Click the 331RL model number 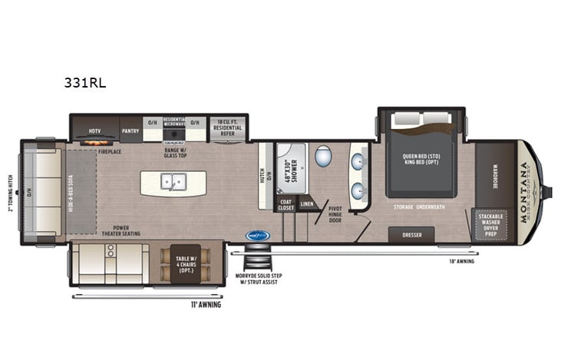click(x=85, y=81)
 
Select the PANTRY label click(x=130, y=130)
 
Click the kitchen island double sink click(x=173, y=182)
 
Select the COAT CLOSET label click(x=285, y=203)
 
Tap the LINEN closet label click(x=306, y=204)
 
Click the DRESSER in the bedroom click(x=411, y=234)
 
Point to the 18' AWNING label click(x=463, y=261)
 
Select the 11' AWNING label click(x=206, y=304)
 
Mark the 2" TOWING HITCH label click(x=10, y=190)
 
